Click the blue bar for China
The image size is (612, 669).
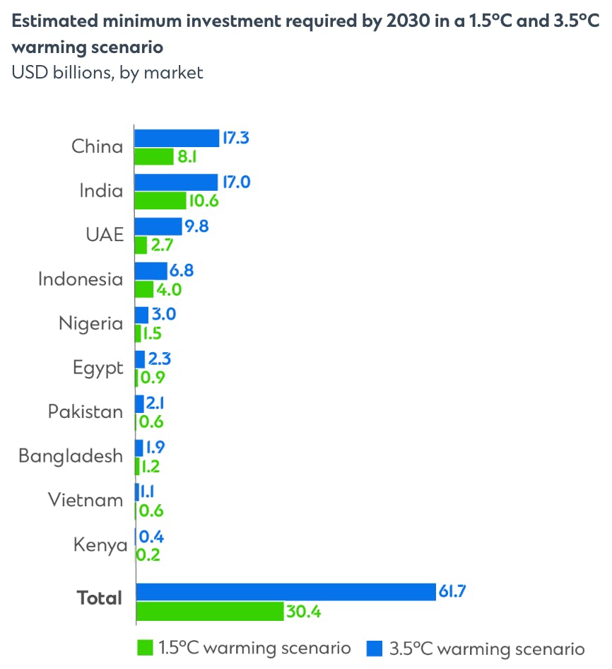point(177,138)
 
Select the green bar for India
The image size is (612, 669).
point(160,201)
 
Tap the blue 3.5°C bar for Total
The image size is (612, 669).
point(286,592)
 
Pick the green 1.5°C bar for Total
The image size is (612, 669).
point(209,611)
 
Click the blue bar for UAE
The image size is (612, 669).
point(158,226)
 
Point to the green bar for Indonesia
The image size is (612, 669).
point(144,289)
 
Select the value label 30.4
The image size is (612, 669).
point(304,612)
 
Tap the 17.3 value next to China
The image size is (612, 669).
point(236,138)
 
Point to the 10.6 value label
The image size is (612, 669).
point(204,201)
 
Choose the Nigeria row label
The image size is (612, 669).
point(90,324)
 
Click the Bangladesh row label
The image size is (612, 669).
point(71,456)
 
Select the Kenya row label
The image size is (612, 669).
point(100,545)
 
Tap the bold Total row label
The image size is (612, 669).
point(100,598)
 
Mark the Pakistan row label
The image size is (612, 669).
point(86,412)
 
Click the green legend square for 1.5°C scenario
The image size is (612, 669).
point(145,648)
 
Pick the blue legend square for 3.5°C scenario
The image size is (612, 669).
point(375,648)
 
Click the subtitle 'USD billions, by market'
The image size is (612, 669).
point(107,72)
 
